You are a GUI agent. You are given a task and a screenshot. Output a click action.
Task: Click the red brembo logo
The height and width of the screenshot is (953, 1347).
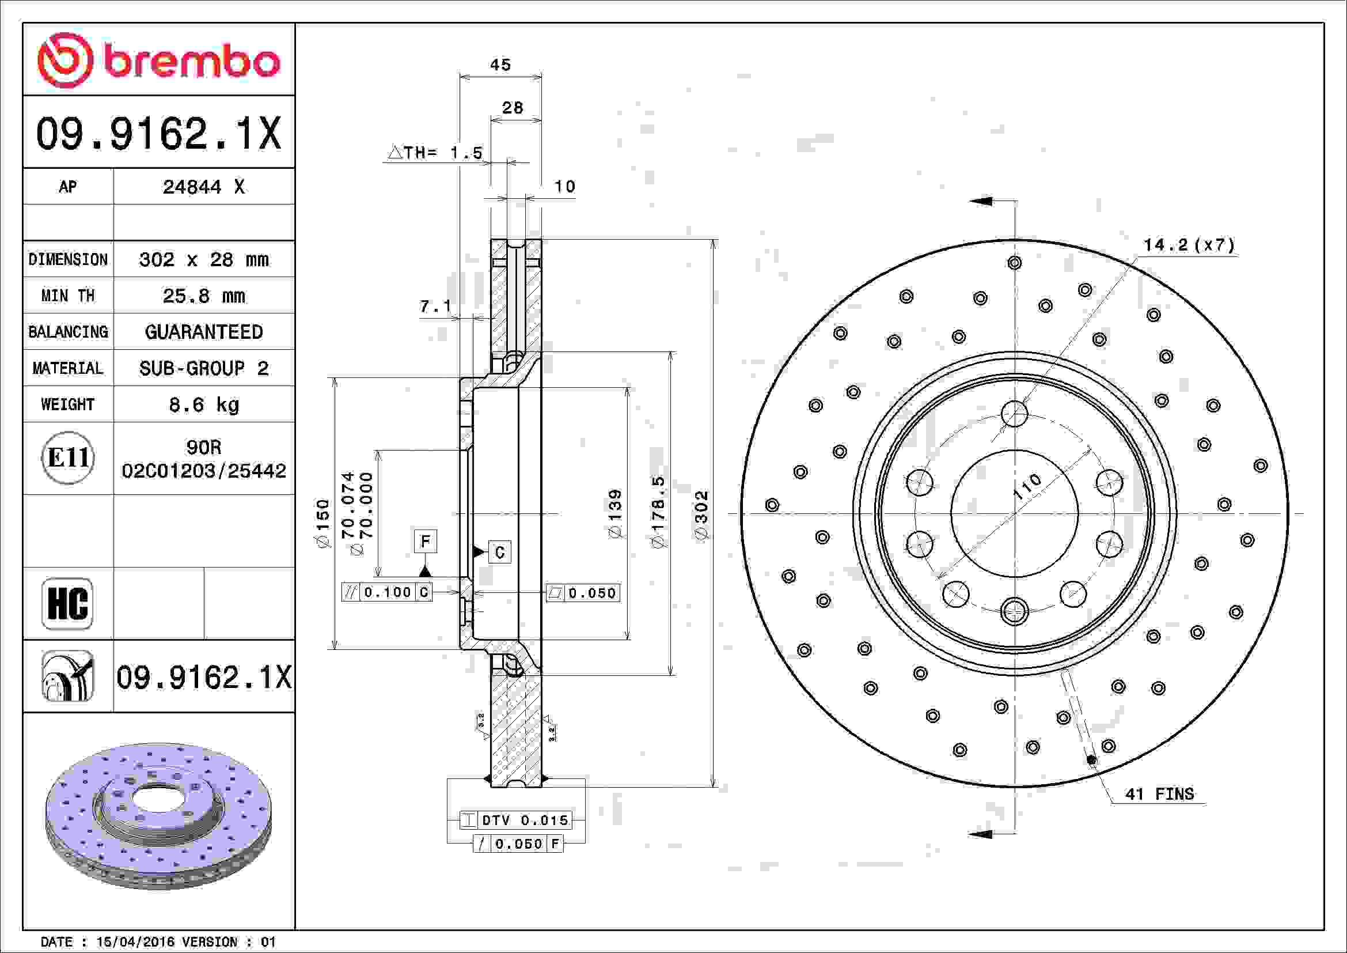click(158, 60)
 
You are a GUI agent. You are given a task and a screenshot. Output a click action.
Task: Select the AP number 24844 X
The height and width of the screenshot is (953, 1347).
click(203, 187)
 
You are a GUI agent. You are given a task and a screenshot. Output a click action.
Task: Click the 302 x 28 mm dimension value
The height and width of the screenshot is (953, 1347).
click(203, 259)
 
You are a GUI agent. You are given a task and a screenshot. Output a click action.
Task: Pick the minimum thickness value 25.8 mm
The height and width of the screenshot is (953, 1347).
click(203, 296)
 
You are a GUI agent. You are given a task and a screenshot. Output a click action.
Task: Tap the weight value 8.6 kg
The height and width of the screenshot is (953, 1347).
click(203, 404)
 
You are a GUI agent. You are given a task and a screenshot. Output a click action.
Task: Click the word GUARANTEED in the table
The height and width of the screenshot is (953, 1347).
click(203, 332)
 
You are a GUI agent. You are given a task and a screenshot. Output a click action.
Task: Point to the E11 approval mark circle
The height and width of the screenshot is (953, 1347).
click(68, 457)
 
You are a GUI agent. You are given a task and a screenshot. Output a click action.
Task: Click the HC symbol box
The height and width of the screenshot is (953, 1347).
click(67, 604)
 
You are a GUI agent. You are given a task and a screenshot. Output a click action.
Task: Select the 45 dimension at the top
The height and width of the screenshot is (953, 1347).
click(500, 65)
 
